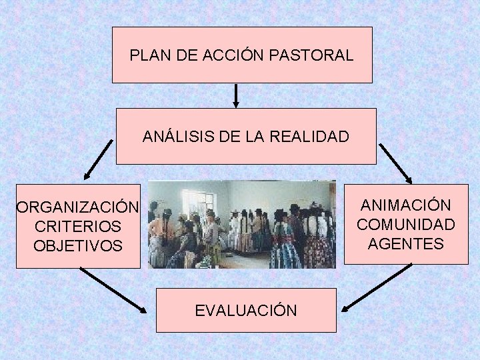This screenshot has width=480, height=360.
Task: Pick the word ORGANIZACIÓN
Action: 78,208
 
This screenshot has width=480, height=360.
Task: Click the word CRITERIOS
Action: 77,227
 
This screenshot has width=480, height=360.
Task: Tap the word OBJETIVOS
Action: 78,246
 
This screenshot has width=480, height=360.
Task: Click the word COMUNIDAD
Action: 406,225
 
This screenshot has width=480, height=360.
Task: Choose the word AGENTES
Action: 405,244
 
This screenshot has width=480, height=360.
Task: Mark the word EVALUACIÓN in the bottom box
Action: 246,310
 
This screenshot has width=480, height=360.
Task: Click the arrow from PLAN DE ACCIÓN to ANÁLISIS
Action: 236,95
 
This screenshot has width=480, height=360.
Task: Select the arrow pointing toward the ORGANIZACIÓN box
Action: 98,160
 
